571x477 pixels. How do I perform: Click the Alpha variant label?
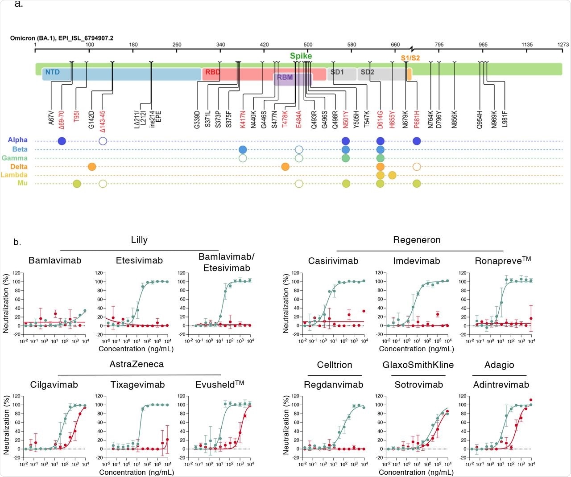pyautogui.click(x=17, y=140)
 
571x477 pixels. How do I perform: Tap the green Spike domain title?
pyautogui.click(x=301, y=56)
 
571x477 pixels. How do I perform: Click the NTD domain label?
pyautogui.click(x=52, y=72)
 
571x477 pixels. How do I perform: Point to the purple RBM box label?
pyautogui.click(x=285, y=77)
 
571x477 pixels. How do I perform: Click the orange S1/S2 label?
pyautogui.click(x=410, y=58)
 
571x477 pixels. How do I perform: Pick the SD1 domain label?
pyautogui.click(x=337, y=72)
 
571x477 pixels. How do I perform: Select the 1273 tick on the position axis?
pyautogui.click(x=563, y=45)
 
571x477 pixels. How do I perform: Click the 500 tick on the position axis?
pyautogui.click(x=308, y=45)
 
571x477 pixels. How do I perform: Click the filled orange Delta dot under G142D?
pyautogui.click(x=92, y=167)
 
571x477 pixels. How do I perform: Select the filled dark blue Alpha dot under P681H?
pyautogui.click(x=417, y=141)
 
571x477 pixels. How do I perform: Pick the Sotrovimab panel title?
pyautogui.click(x=418, y=385)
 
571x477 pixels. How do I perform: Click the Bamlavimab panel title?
pyautogui.click(x=55, y=260)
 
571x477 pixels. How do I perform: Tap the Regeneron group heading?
pyautogui.click(x=417, y=240)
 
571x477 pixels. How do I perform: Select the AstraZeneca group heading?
pyautogui.click(x=137, y=364)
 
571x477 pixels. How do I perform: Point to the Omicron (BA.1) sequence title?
pyautogui.click(x=62, y=38)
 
